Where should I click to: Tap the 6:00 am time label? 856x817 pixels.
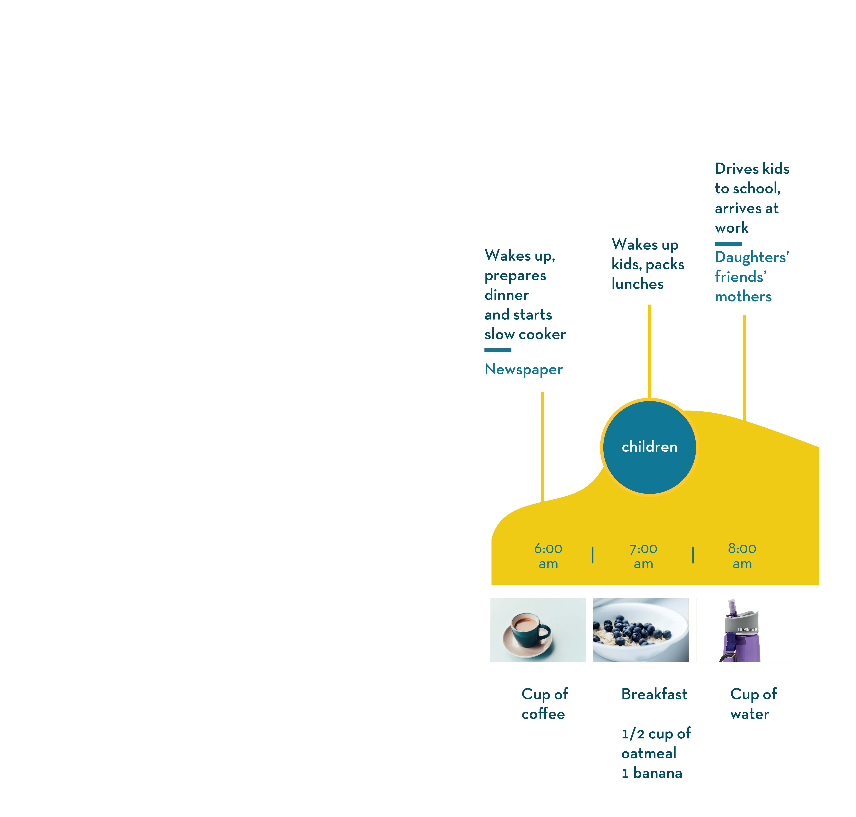548,556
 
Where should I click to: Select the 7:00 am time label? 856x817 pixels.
643,556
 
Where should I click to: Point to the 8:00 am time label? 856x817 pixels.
742,556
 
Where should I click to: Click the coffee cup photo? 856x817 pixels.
538,630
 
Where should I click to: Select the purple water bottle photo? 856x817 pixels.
744,630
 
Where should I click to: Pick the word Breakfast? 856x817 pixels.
654,694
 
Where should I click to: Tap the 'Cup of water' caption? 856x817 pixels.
753,704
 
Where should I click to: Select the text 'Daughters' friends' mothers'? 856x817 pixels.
752,277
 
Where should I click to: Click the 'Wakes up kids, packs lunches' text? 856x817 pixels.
648,264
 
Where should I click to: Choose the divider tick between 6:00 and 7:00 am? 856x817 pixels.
593,555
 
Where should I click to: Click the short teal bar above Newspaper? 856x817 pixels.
498,350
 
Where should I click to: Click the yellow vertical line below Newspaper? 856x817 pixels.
542,447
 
